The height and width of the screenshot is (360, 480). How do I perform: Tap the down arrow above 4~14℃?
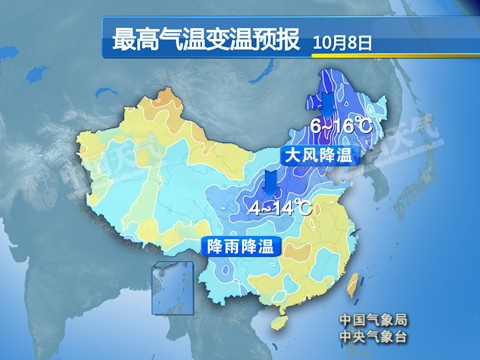point(270,182)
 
